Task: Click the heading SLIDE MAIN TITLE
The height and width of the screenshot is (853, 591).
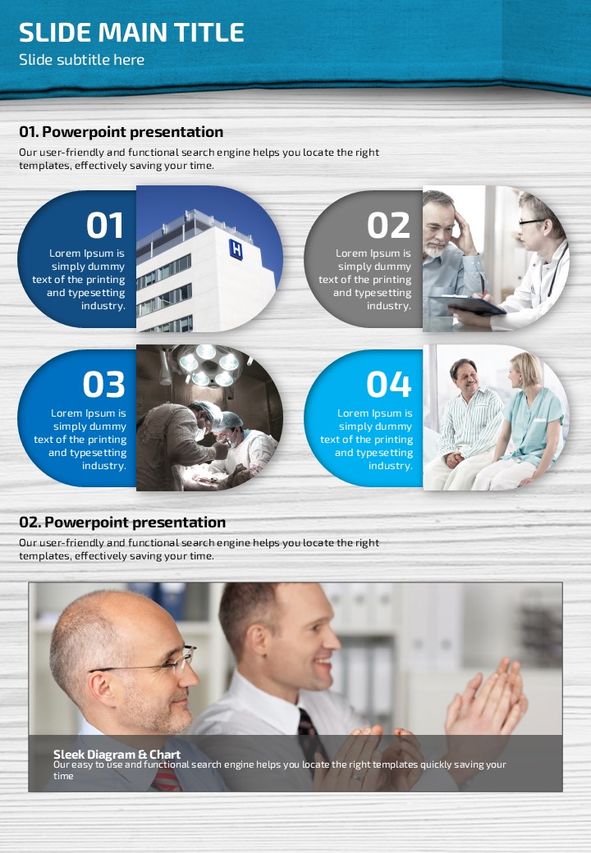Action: tap(131, 33)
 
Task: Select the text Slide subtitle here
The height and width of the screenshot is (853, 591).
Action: tap(81, 60)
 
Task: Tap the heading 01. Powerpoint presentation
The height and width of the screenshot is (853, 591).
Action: tap(121, 132)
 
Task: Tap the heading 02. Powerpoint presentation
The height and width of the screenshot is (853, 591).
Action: tap(122, 522)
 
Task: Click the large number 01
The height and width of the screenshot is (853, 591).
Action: tap(105, 226)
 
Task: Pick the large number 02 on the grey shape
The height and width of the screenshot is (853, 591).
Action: tap(388, 226)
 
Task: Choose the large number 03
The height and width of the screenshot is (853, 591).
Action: tap(104, 384)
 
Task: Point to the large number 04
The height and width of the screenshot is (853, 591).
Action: tap(388, 384)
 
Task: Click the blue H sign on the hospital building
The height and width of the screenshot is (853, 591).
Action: tap(236, 249)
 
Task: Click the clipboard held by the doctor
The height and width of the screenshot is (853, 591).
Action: tap(469, 304)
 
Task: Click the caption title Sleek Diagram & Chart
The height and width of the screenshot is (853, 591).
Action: tap(117, 755)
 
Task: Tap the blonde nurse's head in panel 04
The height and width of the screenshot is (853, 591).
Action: tap(525, 370)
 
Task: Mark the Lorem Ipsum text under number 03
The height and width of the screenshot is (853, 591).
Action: tap(80, 440)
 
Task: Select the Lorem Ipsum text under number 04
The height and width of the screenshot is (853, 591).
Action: tap(366, 440)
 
